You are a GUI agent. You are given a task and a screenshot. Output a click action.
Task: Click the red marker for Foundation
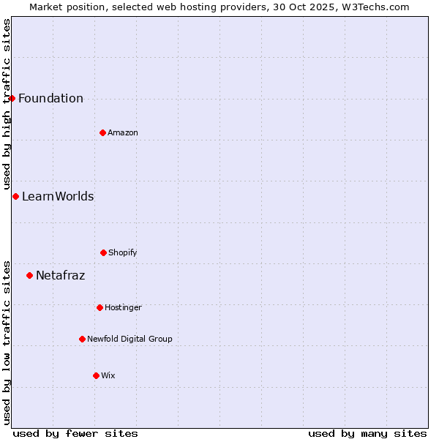pyautogui.click(x=12, y=98)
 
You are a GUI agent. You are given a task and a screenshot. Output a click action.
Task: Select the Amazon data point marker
pyautogui.click(x=102, y=132)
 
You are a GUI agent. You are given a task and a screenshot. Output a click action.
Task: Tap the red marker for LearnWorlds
pyautogui.click(x=15, y=196)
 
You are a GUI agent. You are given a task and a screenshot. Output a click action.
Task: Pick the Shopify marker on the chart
pyautogui.click(x=103, y=252)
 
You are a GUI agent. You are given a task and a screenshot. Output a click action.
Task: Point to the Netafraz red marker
pyautogui.click(x=29, y=275)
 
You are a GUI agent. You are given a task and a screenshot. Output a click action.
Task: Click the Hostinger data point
pyautogui.click(x=100, y=307)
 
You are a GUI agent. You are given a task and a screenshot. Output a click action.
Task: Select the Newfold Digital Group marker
pyautogui.click(x=82, y=339)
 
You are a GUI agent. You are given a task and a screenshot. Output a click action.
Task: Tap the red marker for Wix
pyautogui.click(x=96, y=375)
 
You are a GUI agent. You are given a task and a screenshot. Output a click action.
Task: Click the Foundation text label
pyautogui.click(x=50, y=99)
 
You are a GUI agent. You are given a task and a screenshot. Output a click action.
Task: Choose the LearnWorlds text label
pyautogui.click(x=58, y=196)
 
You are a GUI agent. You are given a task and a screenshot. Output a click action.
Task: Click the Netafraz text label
pyautogui.click(x=60, y=276)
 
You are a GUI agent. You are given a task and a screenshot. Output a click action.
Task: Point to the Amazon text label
pyautogui.click(x=123, y=132)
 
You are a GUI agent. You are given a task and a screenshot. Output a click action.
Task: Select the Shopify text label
pyautogui.click(x=123, y=252)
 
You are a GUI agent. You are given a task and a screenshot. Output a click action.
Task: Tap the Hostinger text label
pyautogui.click(x=123, y=307)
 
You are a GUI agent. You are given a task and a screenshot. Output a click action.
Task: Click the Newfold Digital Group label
pyautogui.click(x=130, y=339)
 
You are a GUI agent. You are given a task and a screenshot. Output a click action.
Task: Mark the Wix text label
pyautogui.click(x=108, y=375)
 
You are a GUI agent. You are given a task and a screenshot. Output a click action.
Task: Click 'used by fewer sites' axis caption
pyautogui.click(x=75, y=433)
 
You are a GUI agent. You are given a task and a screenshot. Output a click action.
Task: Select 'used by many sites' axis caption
pyautogui.click(x=367, y=433)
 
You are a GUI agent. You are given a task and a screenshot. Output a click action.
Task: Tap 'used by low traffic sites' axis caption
pyautogui.click(x=7, y=341)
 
